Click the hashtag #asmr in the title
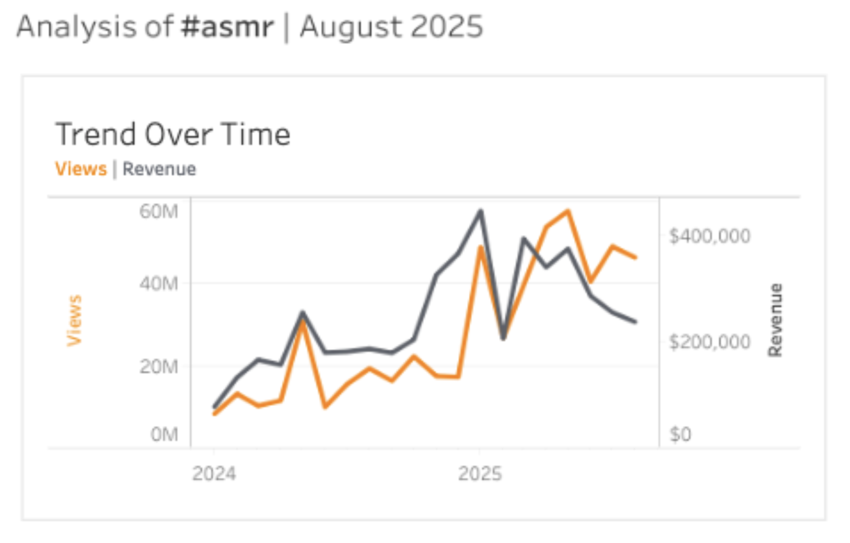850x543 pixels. point(227,27)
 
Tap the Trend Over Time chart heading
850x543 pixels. point(173,134)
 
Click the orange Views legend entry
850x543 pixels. point(81,169)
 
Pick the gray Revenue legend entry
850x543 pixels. point(159,169)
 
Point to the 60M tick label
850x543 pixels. point(159,211)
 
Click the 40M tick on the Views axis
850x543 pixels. point(159,284)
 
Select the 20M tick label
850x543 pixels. point(159,366)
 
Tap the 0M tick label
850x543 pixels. point(164,434)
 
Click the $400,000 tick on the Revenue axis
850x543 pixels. point(710,236)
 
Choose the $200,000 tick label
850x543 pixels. point(710,342)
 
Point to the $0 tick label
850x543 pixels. point(680,434)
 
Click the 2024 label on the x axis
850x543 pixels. point(214,473)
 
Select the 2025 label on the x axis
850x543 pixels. point(480,473)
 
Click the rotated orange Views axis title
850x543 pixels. point(74,320)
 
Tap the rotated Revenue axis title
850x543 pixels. point(775,320)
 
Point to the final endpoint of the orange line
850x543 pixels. point(635,257)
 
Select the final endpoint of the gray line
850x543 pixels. point(635,321)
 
